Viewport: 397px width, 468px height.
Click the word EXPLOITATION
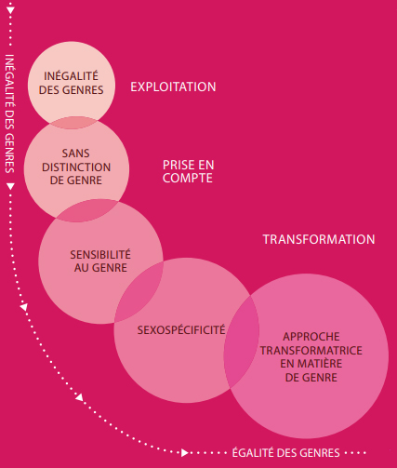click(x=173, y=87)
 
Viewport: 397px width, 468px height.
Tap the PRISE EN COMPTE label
click(x=188, y=171)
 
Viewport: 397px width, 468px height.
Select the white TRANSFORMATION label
click(x=319, y=239)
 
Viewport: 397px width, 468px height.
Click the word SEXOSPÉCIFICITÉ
click(x=181, y=329)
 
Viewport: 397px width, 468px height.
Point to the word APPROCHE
click(x=311, y=337)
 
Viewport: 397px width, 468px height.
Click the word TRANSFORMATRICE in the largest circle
click(x=311, y=351)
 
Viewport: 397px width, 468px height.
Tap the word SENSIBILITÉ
click(x=100, y=254)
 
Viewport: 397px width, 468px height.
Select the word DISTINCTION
click(x=76, y=167)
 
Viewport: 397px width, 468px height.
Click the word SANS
click(x=76, y=154)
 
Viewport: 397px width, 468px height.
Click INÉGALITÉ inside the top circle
click(x=71, y=75)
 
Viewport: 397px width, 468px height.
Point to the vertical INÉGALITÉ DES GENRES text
click(x=10, y=114)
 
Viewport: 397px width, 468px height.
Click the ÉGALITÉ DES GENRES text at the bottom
click(x=286, y=453)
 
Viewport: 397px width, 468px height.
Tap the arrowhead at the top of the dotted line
click(x=10, y=10)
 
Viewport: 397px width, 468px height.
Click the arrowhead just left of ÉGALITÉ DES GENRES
click(x=185, y=453)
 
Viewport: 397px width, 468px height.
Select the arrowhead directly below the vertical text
click(x=10, y=186)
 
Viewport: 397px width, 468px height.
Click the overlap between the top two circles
click(x=73, y=123)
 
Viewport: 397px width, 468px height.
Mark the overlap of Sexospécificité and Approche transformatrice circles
click(x=242, y=341)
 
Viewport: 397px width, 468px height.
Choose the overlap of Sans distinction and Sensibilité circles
click(x=87, y=210)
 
